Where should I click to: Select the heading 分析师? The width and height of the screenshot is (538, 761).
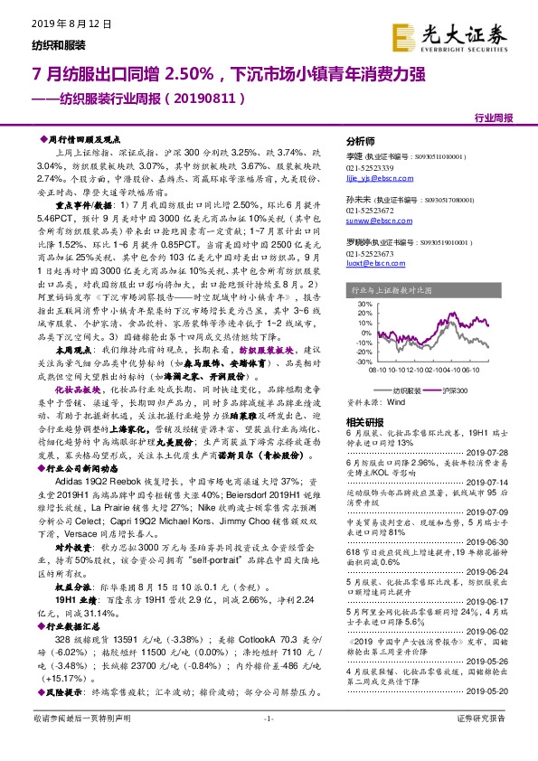pos(361,142)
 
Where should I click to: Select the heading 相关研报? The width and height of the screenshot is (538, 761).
pos(367,422)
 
